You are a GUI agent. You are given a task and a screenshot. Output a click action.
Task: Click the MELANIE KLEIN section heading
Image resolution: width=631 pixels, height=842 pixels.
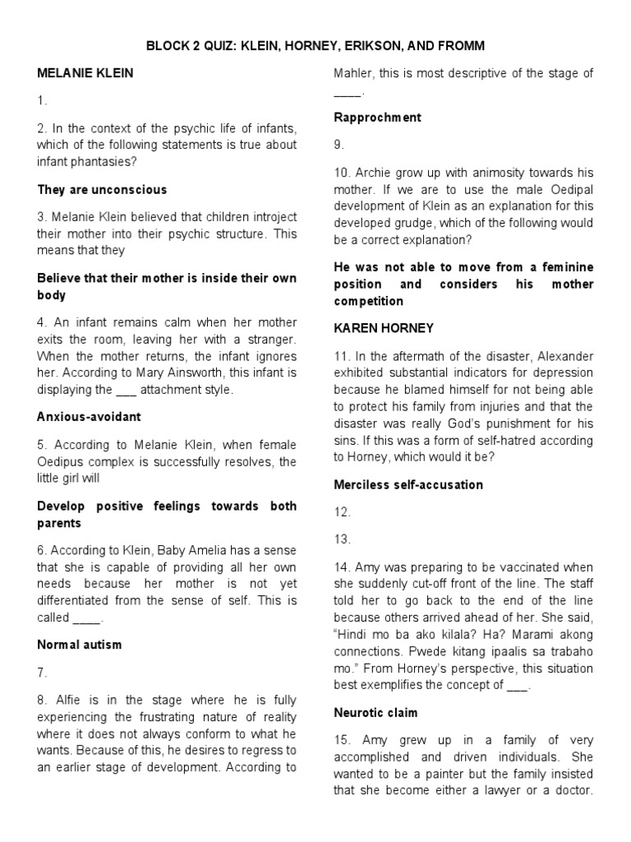[x=85, y=73]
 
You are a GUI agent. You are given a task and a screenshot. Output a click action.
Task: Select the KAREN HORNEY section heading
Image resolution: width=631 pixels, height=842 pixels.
[x=384, y=327]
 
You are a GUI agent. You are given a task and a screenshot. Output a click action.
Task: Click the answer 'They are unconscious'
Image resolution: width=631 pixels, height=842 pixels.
[x=102, y=189]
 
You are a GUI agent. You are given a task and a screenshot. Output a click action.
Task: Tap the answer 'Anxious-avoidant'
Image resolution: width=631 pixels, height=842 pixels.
[x=89, y=417]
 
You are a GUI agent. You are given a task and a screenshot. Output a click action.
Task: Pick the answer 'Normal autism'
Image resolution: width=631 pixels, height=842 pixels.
[x=80, y=645]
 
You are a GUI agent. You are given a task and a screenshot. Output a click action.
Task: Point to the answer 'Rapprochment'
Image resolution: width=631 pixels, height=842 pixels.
[x=377, y=118]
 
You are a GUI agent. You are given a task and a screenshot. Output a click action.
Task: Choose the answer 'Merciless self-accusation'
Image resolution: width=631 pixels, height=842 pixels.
[x=408, y=485]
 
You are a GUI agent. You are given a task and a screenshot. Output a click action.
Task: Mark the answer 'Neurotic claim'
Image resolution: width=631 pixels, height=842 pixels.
[x=375, y=713]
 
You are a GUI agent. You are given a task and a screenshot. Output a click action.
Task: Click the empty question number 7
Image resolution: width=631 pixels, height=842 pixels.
[x=43, y=673]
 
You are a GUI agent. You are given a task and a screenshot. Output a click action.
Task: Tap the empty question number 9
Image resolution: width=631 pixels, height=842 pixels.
[x=339, y=146]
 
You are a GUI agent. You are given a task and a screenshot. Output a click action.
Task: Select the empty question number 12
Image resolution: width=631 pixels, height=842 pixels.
[x=342, y=512]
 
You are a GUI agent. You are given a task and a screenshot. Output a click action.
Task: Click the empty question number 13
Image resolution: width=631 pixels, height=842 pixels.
[x=342, y=540]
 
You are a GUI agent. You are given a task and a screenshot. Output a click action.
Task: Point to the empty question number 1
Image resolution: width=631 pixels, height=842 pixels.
[x=43, y=101]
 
